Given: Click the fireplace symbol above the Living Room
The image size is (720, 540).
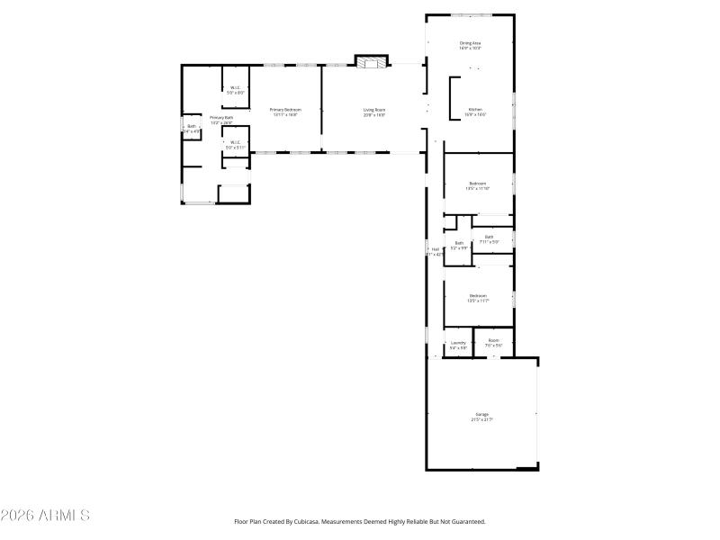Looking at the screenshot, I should pyautogui.click(x=371, y=62).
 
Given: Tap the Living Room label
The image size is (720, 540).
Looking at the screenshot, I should pyautogui.click(x=374, y=110).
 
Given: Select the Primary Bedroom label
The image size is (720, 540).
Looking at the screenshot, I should pyautogui.click(x=284, y=110).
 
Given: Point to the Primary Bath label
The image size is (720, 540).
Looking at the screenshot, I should pyautogui.click(x=221, y=118).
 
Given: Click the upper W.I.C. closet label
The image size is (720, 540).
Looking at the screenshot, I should pyautogui.click(x=235, y=87).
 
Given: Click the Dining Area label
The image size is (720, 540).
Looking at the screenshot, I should pyautogui.click(x=470, y=42).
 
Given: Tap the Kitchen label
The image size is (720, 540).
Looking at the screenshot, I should pyautogui.click(x=475, y=110).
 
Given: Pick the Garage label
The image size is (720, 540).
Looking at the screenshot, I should pyautogui.click(x=482, y=414).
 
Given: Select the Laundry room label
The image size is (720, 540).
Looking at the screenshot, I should pyautogui.click(x=458, y=343).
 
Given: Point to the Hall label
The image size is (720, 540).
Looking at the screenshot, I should pyautogui.click(x=436, y=249).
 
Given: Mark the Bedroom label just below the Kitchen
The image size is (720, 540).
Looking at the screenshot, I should pyautogui.click(x=477, y=184).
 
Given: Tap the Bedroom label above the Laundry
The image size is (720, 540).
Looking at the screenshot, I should pyautogui.click(x=477, y=296).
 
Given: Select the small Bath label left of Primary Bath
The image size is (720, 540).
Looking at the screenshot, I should pyautogui.click(x=191, y=126).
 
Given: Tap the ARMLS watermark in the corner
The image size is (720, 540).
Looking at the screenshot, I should pyautogui.click(x=45, y=516).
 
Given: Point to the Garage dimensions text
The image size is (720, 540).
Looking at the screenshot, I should pyautogui.click(x=482, y=419).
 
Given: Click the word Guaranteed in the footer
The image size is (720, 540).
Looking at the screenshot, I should pyautogui.click(x=466, y=521).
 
